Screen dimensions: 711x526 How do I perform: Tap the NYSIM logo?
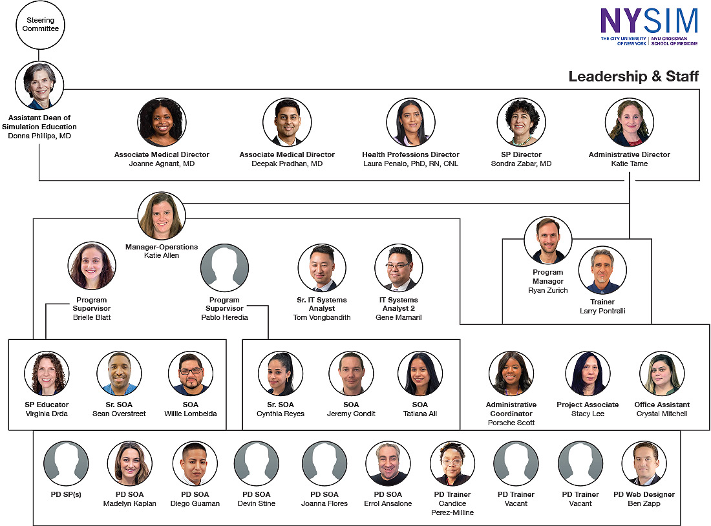pyautogui.click(x=649, y=26)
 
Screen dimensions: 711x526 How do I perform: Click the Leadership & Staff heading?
pyautogui.click(x=633, y=76)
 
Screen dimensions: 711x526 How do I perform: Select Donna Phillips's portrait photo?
pyautogui.click(x=39, y=85)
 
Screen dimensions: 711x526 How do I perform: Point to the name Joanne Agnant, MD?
pyautogui.click(x=162, y=163)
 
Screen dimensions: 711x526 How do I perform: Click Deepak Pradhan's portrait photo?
pyautogui.click(x=287, y=122)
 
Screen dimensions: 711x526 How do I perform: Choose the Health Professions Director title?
pyautogui.click(x=411, y=154)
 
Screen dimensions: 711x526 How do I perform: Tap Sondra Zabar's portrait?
pyautogui.click(x=522, y=122)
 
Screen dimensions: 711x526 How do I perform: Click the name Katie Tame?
pyautogui.click(x=630, y=163)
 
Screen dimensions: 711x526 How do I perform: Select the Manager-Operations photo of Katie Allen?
pyautogui.click(x=162, y=216)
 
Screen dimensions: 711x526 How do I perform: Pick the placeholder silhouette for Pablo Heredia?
pyautogui.click(x=224, y=268)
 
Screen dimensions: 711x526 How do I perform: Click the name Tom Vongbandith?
pyautogui.click(x=322, y=317)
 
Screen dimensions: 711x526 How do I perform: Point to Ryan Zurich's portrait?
pyautogui.click(x=548, y=240)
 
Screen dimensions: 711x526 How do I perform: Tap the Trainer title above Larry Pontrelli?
pyautogui.click(x=602, y=302)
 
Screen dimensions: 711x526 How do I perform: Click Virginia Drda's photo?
pyautogui.click(x=47, y=373)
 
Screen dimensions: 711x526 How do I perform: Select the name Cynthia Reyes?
pyautogui.click(x=281, y=414)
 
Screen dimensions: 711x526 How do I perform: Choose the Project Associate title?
pyautogui.click(x=588, y=405)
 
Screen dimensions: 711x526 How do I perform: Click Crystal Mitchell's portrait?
pyautogui.click(x=662, y=373)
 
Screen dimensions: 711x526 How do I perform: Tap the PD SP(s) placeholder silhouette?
pyautogui.click(x=66, y=463)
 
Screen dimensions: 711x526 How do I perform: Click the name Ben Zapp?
pyautogui.click(x=644, y=503)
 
